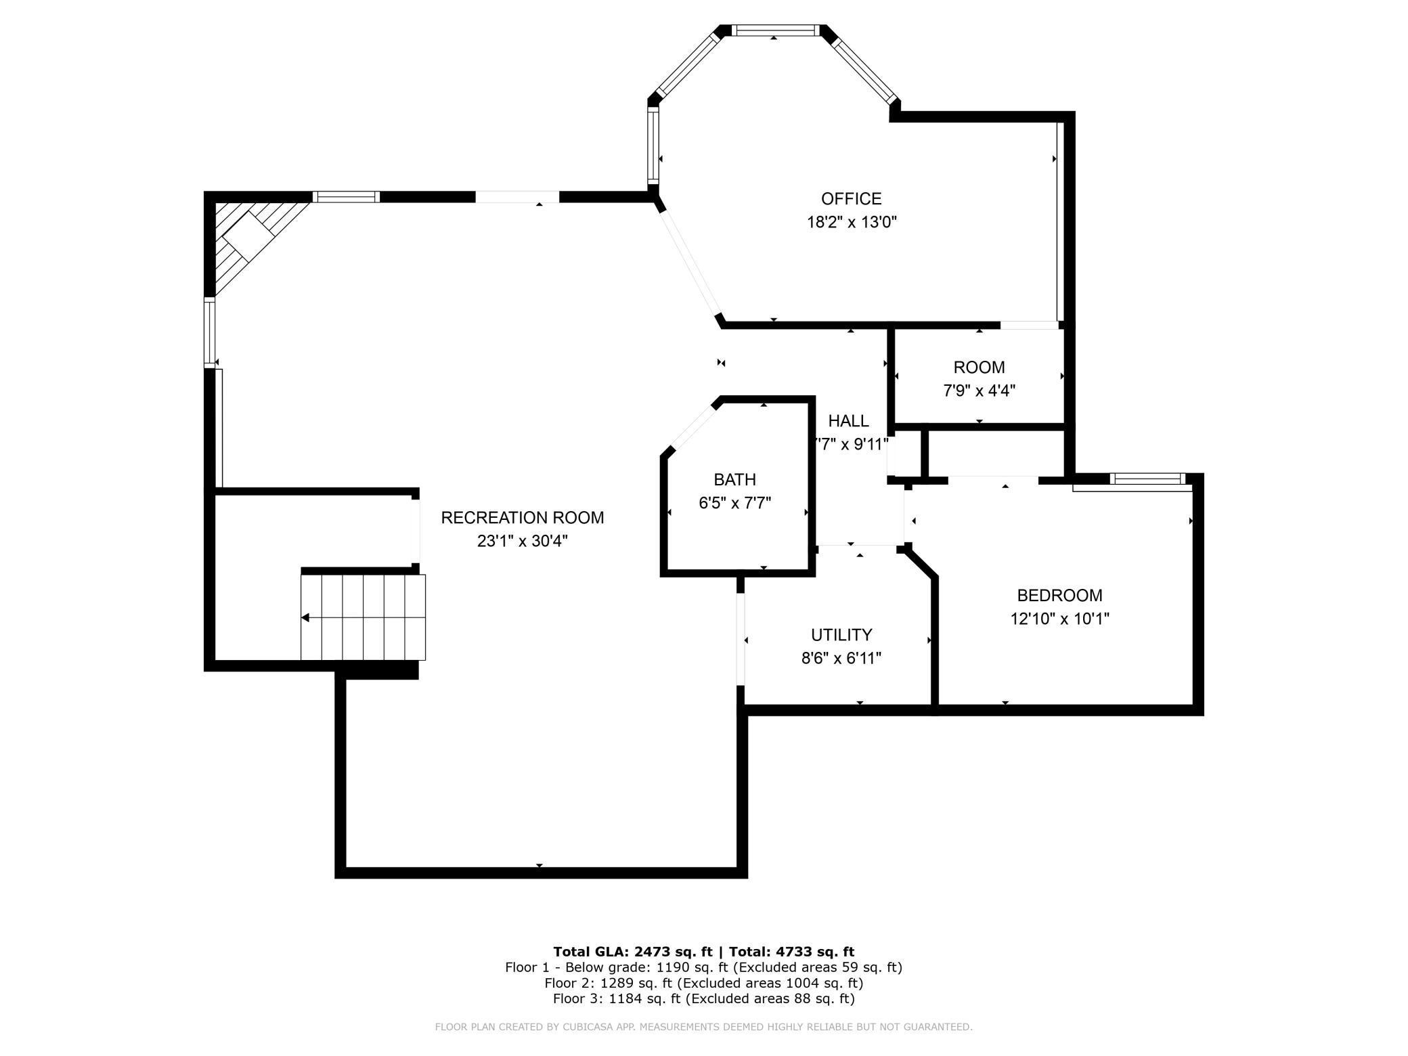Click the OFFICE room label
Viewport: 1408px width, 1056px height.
click(x=851, y=198)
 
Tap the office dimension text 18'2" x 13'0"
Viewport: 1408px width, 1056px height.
click(x=851, y=222)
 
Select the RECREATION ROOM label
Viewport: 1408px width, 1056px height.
click(x=522, y=518)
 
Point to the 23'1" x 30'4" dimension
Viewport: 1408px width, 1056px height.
click(x=522, y=541)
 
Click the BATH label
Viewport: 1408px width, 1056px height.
click(x=734, y=480)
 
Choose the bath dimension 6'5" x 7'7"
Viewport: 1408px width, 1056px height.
click(x=734, y=503)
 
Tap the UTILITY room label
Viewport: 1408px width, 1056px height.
click(x=841, y=635)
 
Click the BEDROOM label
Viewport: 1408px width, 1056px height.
click(x=1059, y=596)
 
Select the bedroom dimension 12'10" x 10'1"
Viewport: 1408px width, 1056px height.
click(x=1059, y=619)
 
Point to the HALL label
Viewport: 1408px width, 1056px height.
click(x=848, y=421)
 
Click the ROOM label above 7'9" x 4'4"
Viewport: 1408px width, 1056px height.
click(x=979, y=368)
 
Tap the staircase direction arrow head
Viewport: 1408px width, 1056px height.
click(x=306, y=617)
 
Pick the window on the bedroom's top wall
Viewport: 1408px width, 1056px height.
click(x=1147, y=479)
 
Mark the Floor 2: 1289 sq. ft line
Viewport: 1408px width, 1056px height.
click(x=703, y=983)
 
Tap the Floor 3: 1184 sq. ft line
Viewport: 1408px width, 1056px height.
click(x=703, y=998)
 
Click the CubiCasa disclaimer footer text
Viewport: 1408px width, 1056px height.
click(x=703, y=1027)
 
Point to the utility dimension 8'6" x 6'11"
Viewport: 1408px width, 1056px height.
click(x=841, y=658)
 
